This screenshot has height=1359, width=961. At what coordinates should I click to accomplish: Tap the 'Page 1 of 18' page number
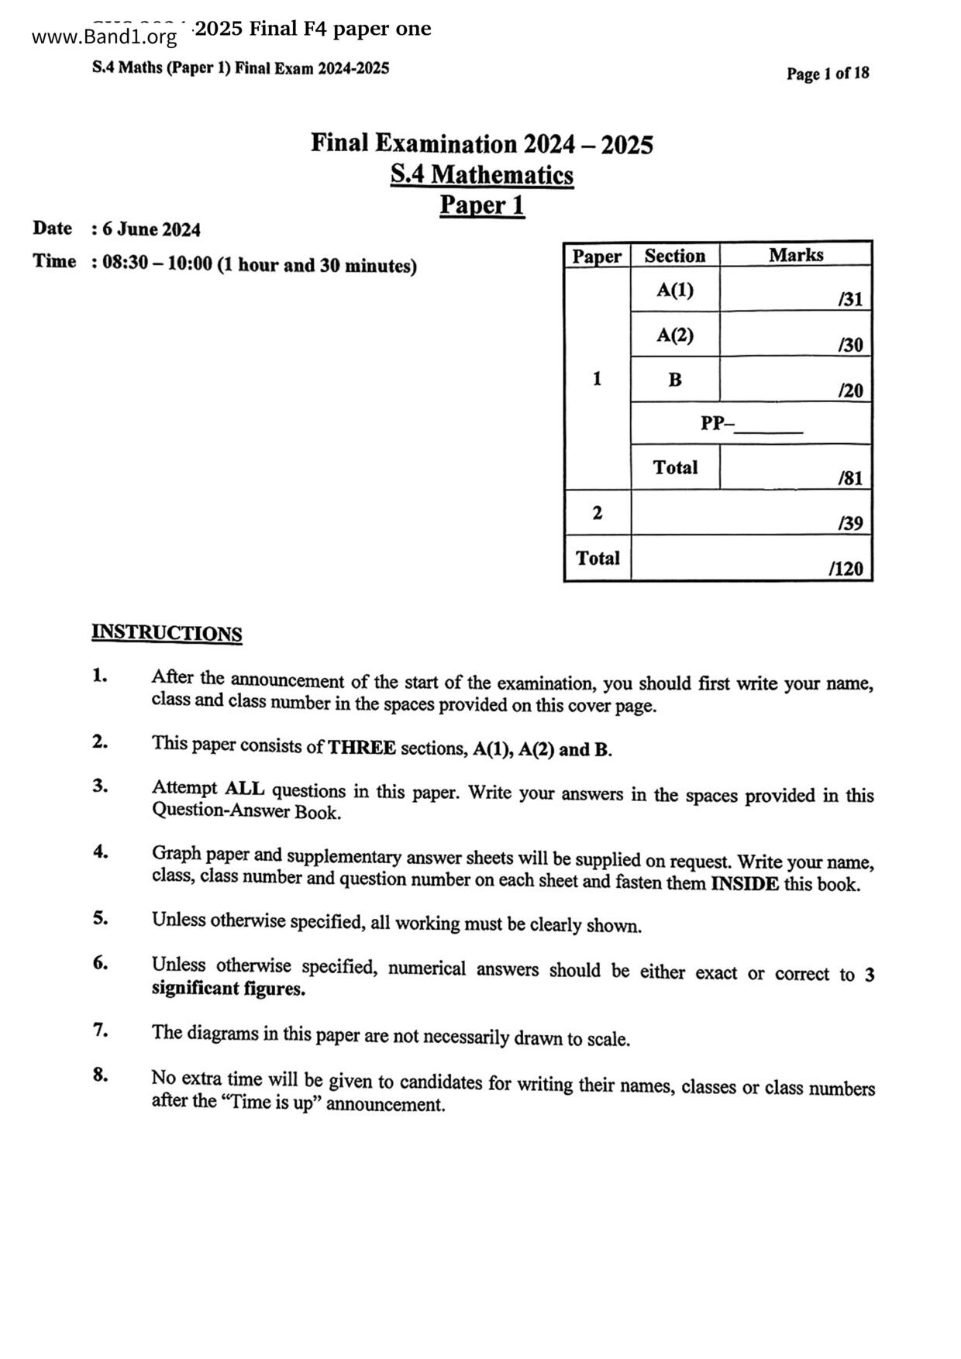coord(827,74)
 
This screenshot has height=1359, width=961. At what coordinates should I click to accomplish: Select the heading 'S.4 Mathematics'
coord(481,174)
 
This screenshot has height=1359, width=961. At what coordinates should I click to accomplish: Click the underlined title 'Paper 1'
coord(481,205)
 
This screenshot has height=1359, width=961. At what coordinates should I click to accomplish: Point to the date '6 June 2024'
coord(151,229)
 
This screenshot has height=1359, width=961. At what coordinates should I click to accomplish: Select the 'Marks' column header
coord(795,255)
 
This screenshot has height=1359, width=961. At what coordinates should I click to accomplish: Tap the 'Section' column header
coord(674,256)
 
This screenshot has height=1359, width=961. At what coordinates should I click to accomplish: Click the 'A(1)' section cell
coord(674,290)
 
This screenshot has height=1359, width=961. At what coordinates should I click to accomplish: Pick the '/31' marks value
coord(850,299)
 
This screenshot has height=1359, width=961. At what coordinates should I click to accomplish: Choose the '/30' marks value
coord(850,345)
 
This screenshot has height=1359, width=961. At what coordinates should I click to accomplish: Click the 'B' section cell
coord(674,380)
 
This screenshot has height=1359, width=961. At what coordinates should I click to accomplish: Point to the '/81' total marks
coord(850,478)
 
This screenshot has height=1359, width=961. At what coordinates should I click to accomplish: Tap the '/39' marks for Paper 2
coord(850,524)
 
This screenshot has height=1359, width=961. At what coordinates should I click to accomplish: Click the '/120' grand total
coord(846,569)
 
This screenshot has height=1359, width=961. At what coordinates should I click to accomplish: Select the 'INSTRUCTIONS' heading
coord(167,633)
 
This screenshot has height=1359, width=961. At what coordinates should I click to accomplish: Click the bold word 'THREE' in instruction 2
coord(362,748)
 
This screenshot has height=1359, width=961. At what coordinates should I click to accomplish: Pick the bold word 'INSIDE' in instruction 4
coord(744,883)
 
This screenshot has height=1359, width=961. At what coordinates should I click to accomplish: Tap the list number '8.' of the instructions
coord(101,1075)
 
